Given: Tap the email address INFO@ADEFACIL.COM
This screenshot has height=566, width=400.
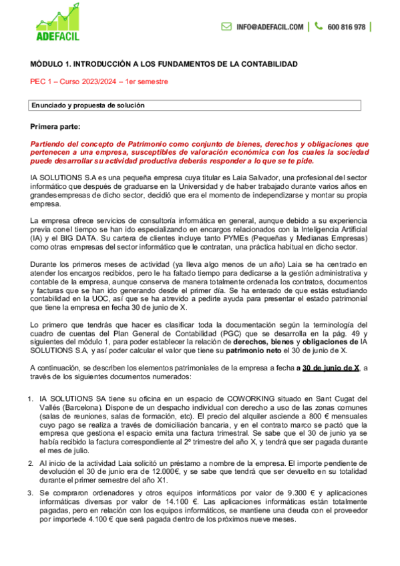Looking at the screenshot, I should (270, 27).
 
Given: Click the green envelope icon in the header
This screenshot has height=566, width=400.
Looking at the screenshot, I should (226, 27).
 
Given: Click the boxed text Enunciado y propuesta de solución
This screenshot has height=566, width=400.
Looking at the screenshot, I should (88, 105).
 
